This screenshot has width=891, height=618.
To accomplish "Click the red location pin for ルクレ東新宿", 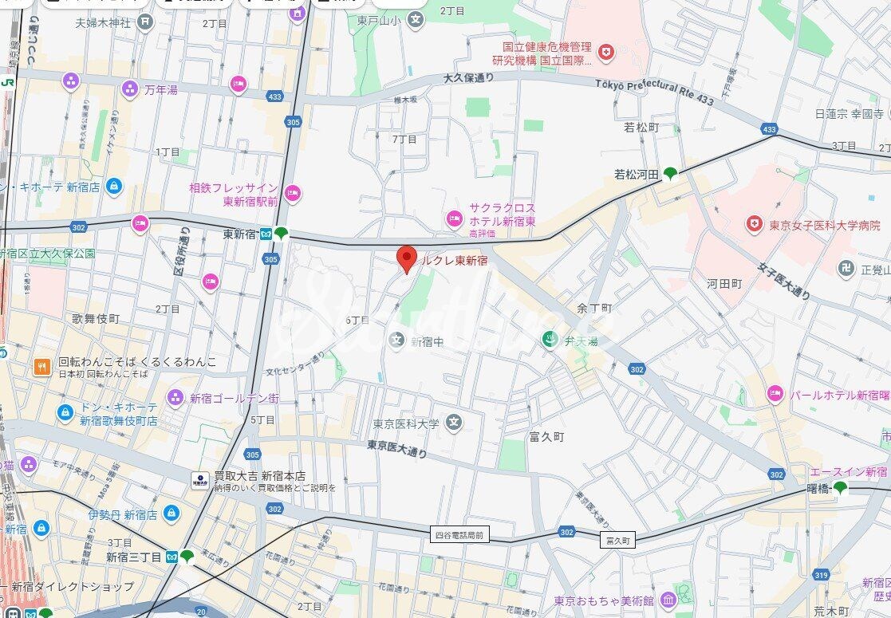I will (408, 258).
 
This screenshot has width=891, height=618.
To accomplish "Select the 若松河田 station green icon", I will (670, 173).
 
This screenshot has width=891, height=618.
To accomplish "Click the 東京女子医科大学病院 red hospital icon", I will (753, 224).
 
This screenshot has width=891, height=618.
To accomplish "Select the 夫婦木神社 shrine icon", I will (144, 20).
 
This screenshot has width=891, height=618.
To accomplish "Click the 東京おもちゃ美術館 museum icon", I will (668, 600).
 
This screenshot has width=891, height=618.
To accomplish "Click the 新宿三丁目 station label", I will (134, 557).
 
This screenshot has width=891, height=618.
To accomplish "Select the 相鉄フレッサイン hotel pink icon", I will (293, 192).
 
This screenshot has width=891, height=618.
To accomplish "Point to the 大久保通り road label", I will (469, 78).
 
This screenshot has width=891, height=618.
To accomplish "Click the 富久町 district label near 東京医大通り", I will (546, 437).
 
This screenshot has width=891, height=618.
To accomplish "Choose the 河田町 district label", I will (723, 284).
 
